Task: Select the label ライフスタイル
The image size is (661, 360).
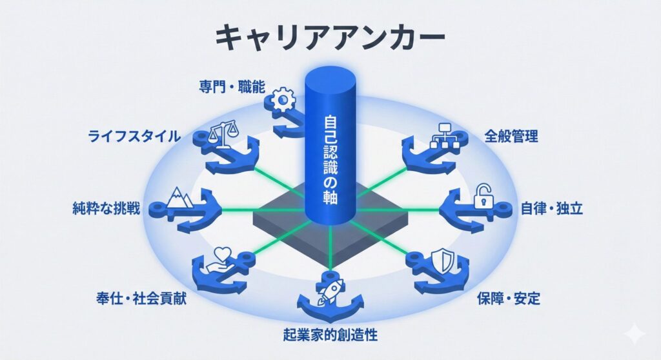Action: click(x=134, y=136)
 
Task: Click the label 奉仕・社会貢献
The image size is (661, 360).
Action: click(x=140, y=299)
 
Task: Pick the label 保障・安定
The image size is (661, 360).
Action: click(x=509, y=299)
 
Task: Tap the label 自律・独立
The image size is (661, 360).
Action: click(x=553, y=209)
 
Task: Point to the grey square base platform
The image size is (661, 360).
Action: click(x=284, y=223)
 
